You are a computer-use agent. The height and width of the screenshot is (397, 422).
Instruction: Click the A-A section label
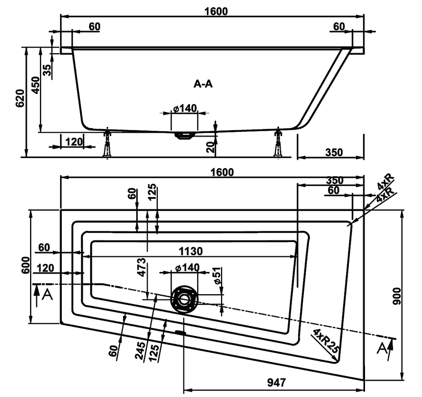(x=203, y=84)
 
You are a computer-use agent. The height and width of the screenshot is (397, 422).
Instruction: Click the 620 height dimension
(x=21, y=98)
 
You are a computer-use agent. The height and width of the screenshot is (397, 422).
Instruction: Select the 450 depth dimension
(x=35, y=85)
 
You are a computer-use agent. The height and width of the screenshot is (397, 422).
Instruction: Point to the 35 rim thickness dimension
(x=47, y=70)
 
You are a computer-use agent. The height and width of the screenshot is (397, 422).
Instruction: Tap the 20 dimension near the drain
(x=212, y=147)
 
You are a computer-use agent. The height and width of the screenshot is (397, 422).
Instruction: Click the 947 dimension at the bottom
(x=276, y=382)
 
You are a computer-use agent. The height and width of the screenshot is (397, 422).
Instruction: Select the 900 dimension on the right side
(x=397, y=296)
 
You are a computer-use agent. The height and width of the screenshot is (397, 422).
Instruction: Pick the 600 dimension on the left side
(x=26, y=265)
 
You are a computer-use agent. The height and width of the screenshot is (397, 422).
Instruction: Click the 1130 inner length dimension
(x=190, y=251)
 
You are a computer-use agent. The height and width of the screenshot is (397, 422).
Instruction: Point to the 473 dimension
(x=141, y=267)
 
